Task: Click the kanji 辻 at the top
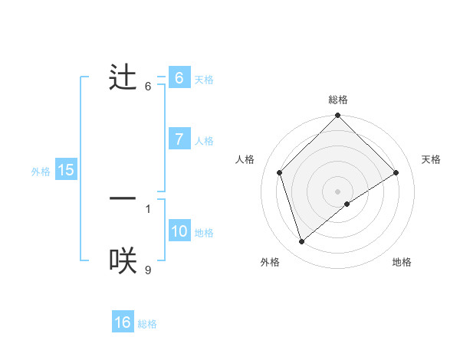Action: pyautogui.click(x=123, y=78)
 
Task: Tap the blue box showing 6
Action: pyautogui.click(x=179, y=78)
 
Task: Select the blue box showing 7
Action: pyautogui.click(x=179, y=139)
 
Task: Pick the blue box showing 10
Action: pyautogui.click(x=179, y=231)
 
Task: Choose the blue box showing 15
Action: pyautogui.click(x=65, y=170)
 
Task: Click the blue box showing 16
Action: pyautogui.click(x=123, y=322)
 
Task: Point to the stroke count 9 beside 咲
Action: pyautogui.click(x=148, y=270)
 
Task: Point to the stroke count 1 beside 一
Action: pyautogui.click(x=148, y=208)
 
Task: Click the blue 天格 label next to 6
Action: pyautogui.click(x=204, y=80)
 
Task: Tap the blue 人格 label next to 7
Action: pyautogui.click(x=204, y=141)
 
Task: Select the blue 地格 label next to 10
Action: pyautogui.click(x=204, y=233)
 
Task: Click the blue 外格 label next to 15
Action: pyautogui.click(x=41, y=172)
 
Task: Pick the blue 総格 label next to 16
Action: pyautogui.click(x=147, y=324)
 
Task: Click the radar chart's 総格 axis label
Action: pyautogui.click(x=337, y=100)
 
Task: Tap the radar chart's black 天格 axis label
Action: pyautogui.click(x=431, y=159)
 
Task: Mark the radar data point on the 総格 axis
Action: pyautogui.click(x=337, y=116)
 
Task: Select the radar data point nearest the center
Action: pyautogui.click(x=347, y=204)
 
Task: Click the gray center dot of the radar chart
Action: pyautogui.click(x=337, y=191)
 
